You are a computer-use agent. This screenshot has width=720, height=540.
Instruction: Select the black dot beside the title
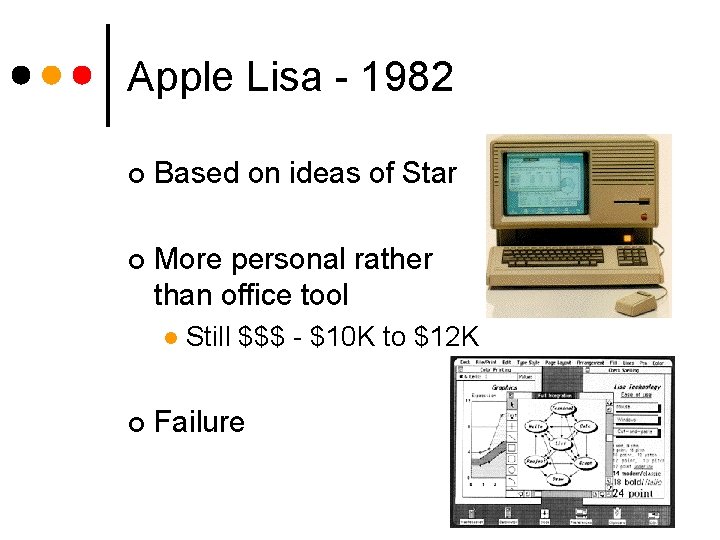(x=22, y=75)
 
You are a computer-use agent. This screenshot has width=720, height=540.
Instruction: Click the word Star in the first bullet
(x=429, y=173)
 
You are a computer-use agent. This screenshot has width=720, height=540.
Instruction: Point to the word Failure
(x=199, y=422)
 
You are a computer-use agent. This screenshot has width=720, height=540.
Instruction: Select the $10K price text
(x=343, y=337)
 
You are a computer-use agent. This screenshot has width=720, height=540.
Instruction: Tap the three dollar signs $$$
(x=262, y=337)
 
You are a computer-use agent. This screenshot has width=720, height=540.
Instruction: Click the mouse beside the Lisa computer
(x=636, y=301)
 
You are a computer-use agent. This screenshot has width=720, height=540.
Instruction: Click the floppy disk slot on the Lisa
(x=629, y=203)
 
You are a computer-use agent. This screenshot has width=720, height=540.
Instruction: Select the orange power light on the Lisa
(x=627, y=238)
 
